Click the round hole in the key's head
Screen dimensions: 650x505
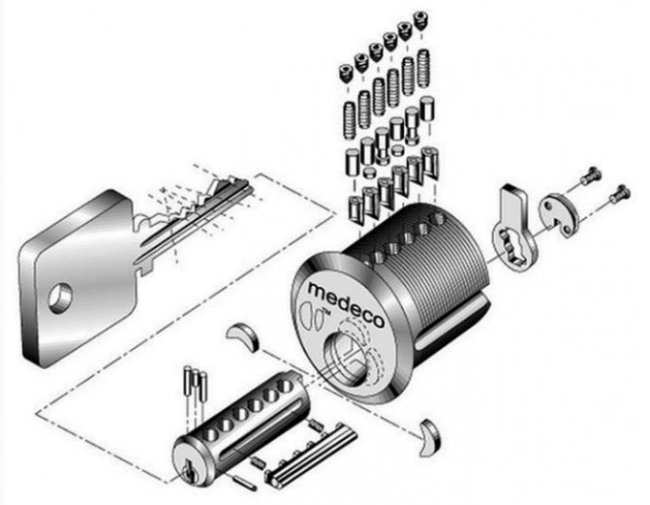pyautogui.click(x=60, y=298)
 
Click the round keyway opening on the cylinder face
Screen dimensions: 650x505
pyautogui.click(x=345, y=357)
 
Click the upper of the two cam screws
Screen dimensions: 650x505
pyautogui.click(x=591, y=176)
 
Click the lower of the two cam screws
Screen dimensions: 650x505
pyautogui.click(x=620, y=193)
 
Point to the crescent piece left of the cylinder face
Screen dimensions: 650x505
pyautogui.click(x=243, y=335)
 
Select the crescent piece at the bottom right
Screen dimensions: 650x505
pyautogui.click(x=430, y=437)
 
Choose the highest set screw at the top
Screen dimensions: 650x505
pyautogui.click(x=422, y=20)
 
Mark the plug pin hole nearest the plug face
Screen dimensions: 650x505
pyautogui.click(x=210, y=434)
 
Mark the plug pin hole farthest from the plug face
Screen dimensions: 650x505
pyautogui.click(x=286, y=386)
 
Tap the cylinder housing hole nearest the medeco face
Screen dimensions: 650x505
pyautogui.click(x=378, y=258)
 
